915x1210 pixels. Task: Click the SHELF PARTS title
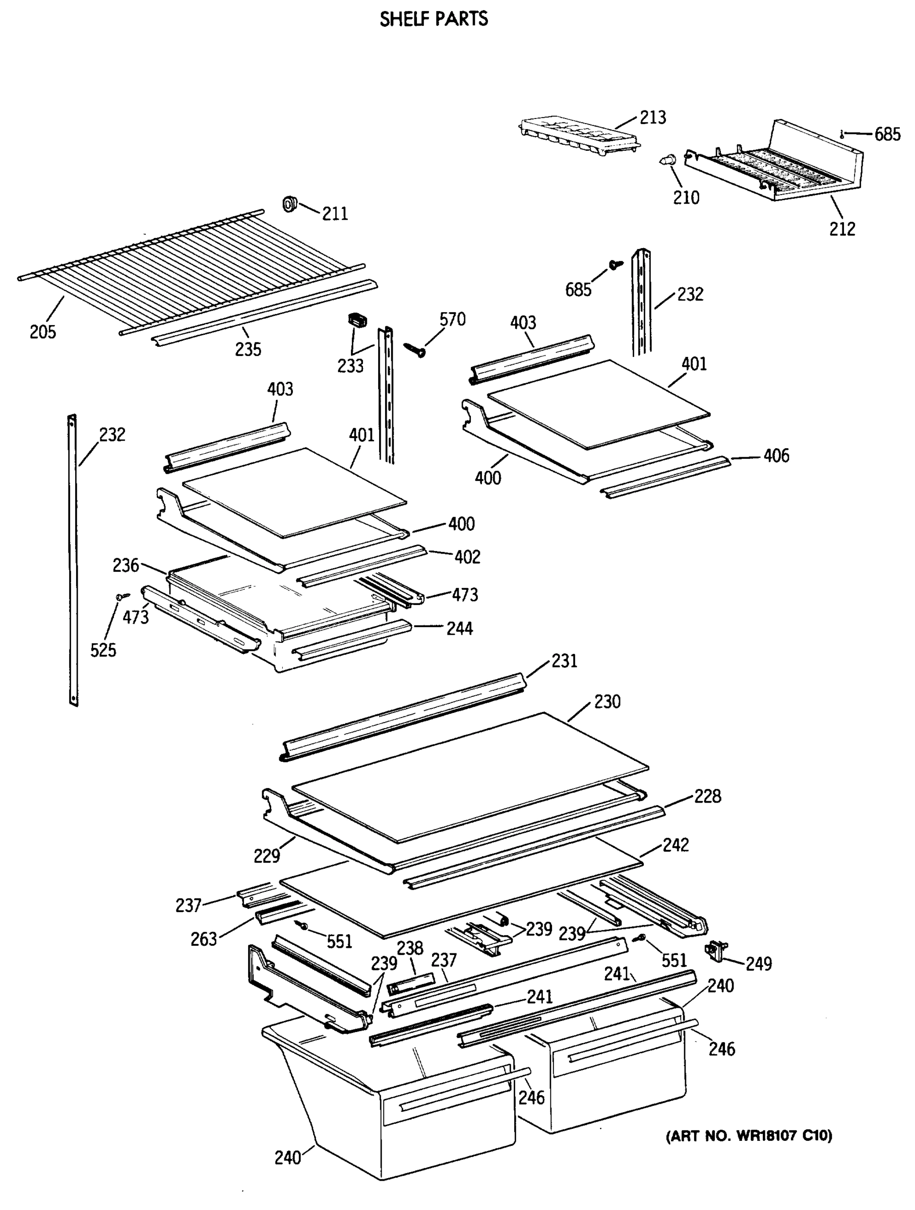[x=434, y=19]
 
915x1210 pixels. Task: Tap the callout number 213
[x=653, y=117]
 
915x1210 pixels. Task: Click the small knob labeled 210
[x=668, y=160]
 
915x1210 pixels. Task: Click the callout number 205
[x=43, y=332]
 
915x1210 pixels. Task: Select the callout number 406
[x=776, y=456]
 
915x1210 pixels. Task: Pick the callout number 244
[x=459, y=629]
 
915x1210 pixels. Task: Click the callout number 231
[x=565, y=661]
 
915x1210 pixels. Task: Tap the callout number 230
[x=607, y=701]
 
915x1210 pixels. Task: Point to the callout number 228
[x=708, y=796]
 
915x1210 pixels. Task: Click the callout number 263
[x=204, y=939]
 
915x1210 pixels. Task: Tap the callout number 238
[x=410, y=948]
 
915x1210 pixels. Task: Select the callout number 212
[x=842, y=229]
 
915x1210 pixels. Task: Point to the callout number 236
[x=126, y=565]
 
